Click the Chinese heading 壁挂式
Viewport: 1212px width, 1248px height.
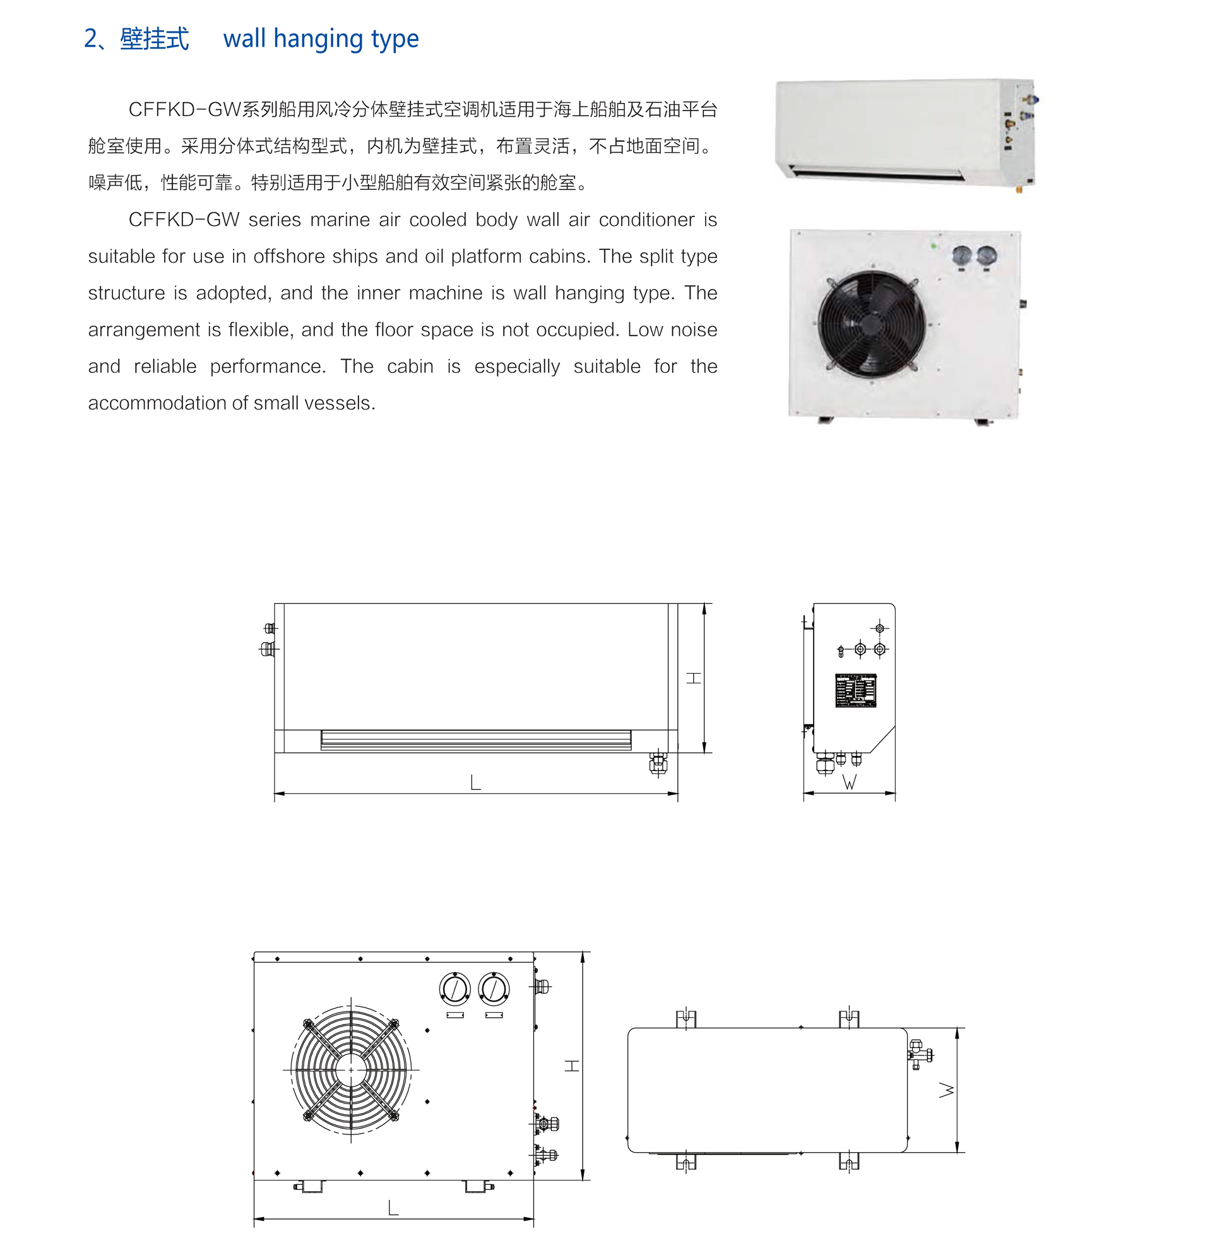(154, 39)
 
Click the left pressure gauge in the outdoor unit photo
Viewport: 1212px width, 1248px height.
(961, 257)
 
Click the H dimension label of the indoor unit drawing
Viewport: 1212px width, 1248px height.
(694, 678)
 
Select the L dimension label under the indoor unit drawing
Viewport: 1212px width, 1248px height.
(475, 782)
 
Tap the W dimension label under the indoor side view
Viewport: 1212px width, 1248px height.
(849, 782)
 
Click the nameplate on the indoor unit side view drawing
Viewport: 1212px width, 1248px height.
(855, 690)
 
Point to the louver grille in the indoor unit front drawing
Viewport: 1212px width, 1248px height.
(476, 740)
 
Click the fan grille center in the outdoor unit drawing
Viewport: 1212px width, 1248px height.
(351, 1070)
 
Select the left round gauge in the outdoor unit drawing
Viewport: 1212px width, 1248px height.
(454, 989)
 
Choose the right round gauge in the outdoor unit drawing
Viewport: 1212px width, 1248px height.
(494, 989)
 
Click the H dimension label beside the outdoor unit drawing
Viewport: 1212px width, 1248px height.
(572, 1066)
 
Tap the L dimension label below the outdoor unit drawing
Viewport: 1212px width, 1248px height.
(393, 1208)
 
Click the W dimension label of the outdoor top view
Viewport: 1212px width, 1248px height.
(947, 1090)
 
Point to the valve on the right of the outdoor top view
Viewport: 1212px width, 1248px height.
(919, 1054)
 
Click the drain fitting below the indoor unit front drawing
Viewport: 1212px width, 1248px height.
(658, 763)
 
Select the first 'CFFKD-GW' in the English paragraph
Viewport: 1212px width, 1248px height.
(184, 220)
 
